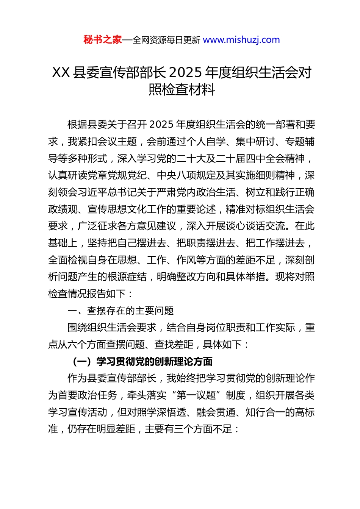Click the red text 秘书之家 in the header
103,40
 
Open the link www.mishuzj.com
241,40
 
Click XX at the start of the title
61,72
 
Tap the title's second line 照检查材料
182,90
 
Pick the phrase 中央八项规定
186,175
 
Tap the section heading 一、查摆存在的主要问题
121,311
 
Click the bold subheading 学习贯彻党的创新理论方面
154,362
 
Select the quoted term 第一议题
196,395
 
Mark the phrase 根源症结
127,277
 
